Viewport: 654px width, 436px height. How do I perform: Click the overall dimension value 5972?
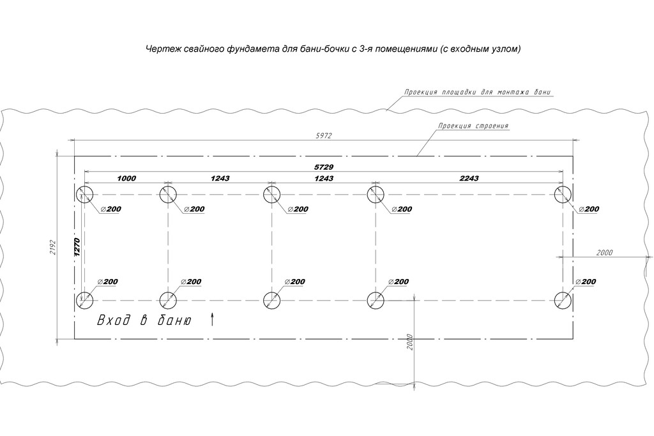tap(324, 136)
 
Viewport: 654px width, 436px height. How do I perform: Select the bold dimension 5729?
tap(324, 167)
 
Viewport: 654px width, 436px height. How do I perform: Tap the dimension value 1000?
tap(126, 179)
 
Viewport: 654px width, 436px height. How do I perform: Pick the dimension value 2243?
tap(469, 179)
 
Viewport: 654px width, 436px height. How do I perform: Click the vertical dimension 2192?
tap(53, 248)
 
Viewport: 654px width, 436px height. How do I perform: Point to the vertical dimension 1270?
tap(77, 248)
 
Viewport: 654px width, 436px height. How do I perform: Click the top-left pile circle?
tap(84, 195)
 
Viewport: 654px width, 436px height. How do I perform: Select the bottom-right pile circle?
tap(563, 300)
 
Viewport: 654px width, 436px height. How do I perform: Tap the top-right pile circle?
tap(563, 195)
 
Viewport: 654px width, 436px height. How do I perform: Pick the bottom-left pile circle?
tap(84, 300)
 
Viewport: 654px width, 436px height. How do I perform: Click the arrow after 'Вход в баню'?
tap(211, 320)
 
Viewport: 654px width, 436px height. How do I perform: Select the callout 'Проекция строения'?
tap(473, 126)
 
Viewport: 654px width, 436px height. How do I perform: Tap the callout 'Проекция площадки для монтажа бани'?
tap(476, 92)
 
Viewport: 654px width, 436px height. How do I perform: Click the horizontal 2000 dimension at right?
tap(604, 253)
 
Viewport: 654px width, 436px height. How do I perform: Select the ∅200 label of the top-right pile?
tap(586, 209)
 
